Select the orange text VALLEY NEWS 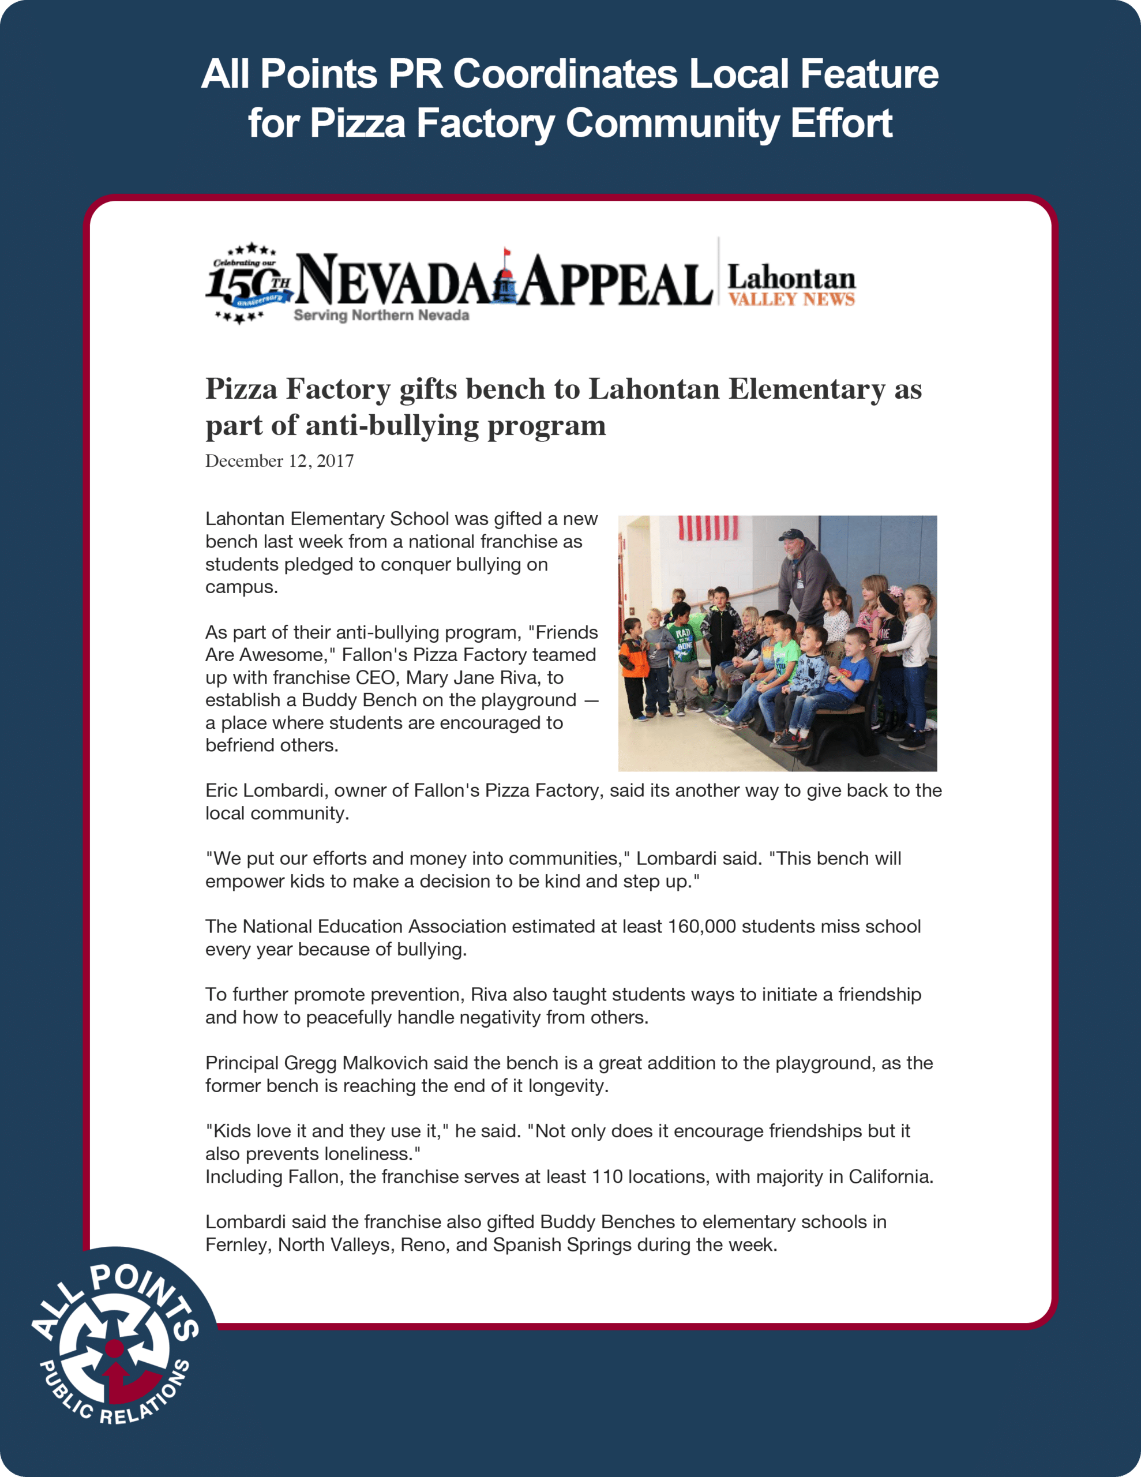tap(791, 299)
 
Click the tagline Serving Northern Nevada tap(381, 316)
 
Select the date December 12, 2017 tap(279, 461)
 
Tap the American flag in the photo tap(707, 528)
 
